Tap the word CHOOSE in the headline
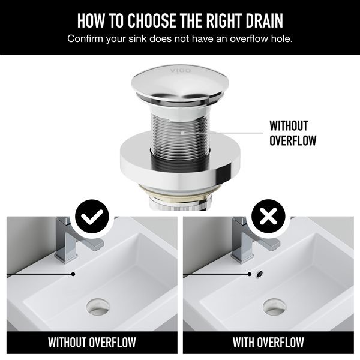coord(152,20)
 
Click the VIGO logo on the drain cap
coord(181,70)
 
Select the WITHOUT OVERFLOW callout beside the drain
coord(293,133)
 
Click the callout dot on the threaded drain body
coord(182,133)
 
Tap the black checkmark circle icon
coord(92,216)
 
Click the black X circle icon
coord(268,216)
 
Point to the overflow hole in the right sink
coord(260,274)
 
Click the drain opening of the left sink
coord(98,307)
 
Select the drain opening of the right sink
coord(274,307)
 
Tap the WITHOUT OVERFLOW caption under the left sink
coord(92,343)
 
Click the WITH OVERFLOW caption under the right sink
coord(268,343)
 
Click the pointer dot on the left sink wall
coord(73,274)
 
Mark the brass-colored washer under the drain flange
coord(179,193)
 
